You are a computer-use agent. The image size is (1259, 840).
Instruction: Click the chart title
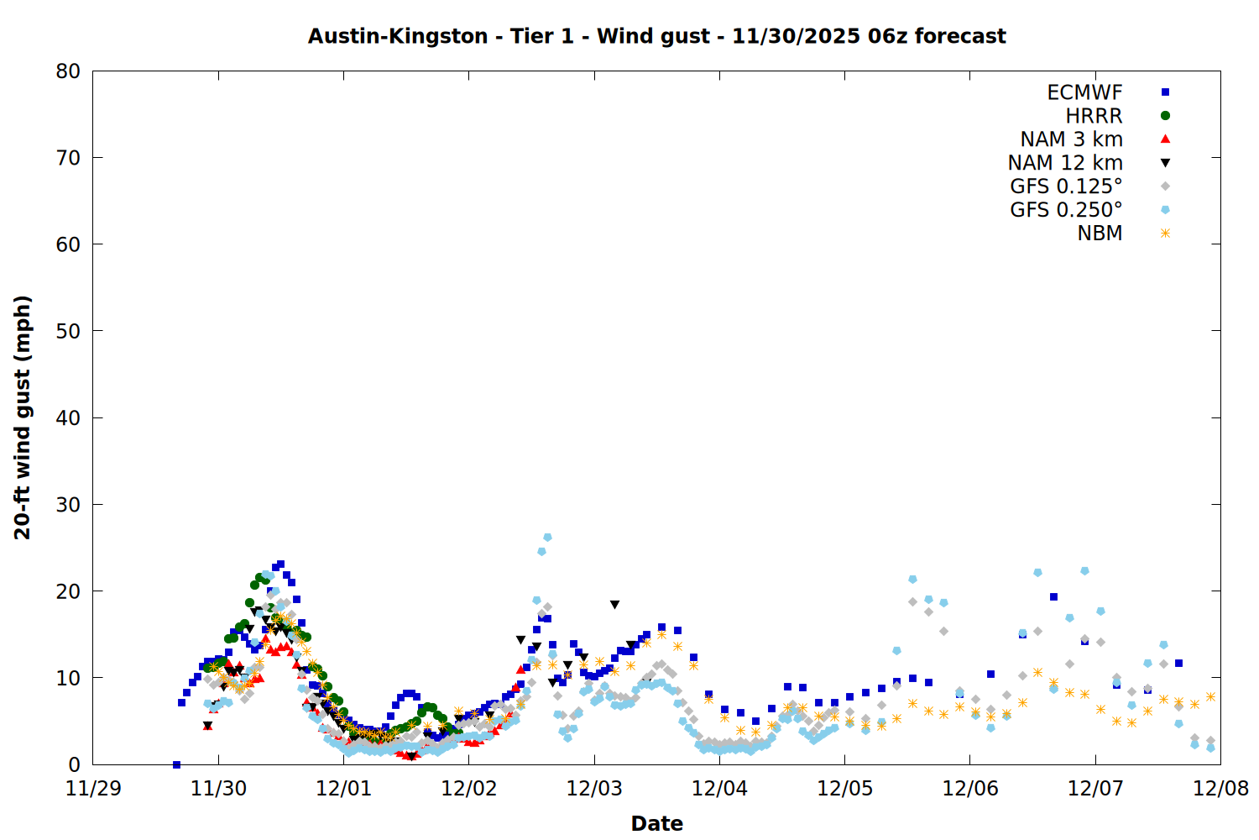[656, 36]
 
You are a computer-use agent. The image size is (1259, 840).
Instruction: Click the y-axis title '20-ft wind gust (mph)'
[23, 417]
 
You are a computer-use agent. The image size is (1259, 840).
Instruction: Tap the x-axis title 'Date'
[656, 823]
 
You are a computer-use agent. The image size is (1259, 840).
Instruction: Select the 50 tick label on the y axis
[68, 331]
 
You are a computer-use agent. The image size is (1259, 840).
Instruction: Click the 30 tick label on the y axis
[68, 504]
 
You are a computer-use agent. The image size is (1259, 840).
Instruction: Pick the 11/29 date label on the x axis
[93, 789]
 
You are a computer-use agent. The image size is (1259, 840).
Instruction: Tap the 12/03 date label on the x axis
[594, 789]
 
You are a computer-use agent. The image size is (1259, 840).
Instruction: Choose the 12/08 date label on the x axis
[1220, 789]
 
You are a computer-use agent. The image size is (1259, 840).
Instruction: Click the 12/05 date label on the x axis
[844, 789]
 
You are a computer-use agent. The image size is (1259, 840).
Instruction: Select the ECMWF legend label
[1084, 92]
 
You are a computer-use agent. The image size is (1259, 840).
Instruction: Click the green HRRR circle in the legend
[1165, 116]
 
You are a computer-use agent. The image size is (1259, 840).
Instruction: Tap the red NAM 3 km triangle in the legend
[1165, 139]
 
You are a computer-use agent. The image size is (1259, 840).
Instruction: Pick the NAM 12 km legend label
[1065, 163]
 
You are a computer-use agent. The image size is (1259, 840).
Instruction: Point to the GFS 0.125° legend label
[1066, 186]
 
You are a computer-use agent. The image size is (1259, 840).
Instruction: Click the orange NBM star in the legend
[1165, 234]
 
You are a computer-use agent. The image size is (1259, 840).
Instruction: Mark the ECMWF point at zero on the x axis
[176, 764]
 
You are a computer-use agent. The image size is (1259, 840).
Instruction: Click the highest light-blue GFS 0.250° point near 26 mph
[547, 537]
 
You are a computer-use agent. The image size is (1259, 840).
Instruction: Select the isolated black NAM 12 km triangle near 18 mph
[614, 605]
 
